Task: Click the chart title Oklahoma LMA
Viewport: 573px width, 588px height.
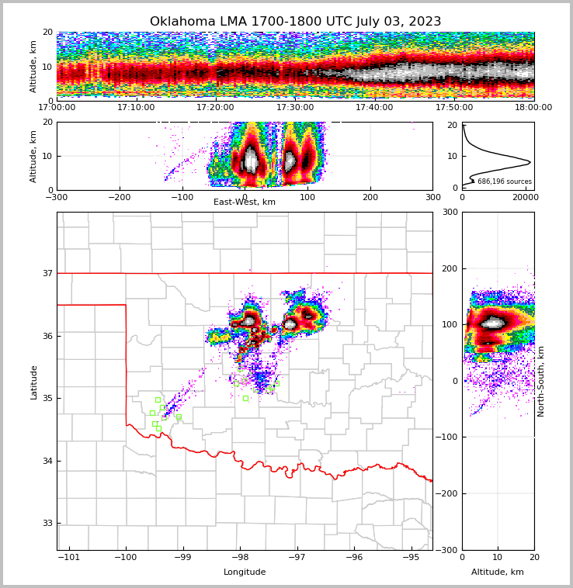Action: click(x=295, y=22)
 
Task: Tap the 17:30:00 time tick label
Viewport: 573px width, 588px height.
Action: click(x=295, y=108)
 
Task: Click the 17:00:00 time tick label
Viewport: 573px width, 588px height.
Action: click(x=57, y=108)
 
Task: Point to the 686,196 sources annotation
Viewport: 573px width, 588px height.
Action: click(x=504, y=182)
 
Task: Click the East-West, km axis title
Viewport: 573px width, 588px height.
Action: click(x=245, y=202)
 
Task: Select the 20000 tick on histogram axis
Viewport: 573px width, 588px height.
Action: click(x=526, y=198)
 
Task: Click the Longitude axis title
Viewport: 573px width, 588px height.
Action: click(x=245, y=572)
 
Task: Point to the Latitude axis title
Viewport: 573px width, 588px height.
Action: click(x=33, y=382)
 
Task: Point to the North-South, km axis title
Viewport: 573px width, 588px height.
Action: click(x=541, y=382)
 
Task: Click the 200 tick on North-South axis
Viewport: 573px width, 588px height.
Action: click(x=449, y=268)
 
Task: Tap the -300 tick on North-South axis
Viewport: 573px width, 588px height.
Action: click(x=446, y=550)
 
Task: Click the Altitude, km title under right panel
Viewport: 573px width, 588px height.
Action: click(x=498, y=572)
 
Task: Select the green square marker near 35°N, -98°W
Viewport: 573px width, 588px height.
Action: click(x=245, y=398)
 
